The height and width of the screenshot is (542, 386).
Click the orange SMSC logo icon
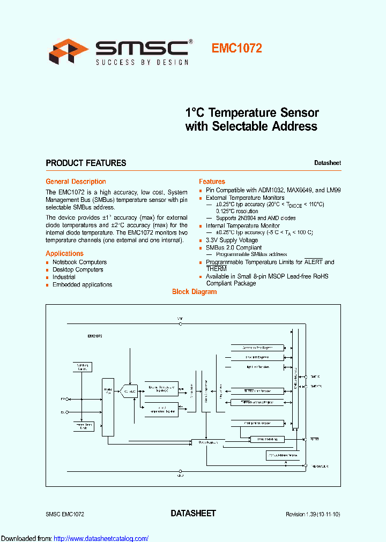click(68, 51)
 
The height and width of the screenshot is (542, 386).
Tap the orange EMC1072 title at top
click(236, 48)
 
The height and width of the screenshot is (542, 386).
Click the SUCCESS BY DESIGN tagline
click(142, 63)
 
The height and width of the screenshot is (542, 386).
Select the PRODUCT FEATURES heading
click(86, 163)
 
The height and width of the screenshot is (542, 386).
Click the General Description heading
click(76, 182)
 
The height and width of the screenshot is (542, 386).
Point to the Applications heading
click(64, 253)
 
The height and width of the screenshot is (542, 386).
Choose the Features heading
click(212, 182)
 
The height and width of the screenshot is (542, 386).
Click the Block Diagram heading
click(194, 292)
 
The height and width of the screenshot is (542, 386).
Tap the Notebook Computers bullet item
click(79, 262)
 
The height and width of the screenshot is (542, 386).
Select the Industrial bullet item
click(64, 277)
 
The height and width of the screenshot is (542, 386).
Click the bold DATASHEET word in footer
click(193, 513)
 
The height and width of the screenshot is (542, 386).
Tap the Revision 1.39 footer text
click(313, 514)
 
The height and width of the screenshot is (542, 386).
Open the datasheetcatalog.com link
click(101, 538)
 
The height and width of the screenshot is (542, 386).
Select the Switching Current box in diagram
click(82, 367)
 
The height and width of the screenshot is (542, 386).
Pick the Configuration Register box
click(257, 423)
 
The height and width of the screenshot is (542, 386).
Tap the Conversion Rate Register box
click(257, 347)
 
